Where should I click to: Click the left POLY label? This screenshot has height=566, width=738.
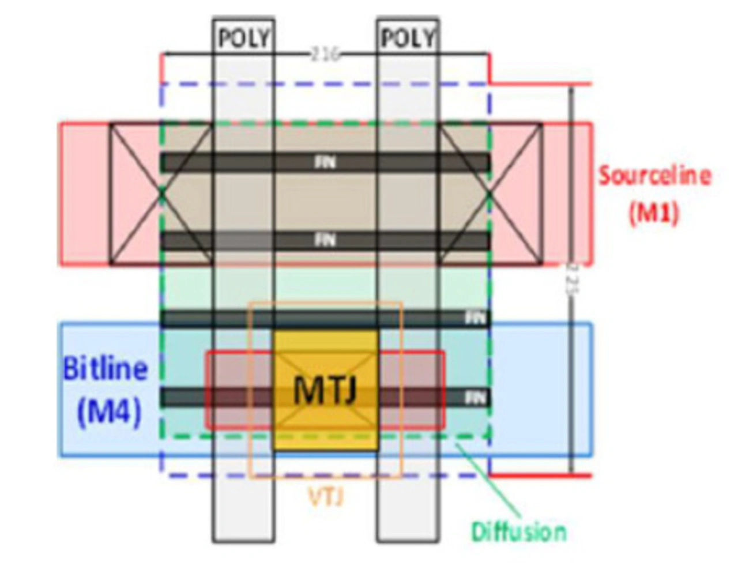coord(243,38)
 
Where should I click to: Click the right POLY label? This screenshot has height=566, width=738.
coord(408,38)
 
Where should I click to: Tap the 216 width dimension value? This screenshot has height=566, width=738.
coord(325,55)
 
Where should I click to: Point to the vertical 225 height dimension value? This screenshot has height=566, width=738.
coord(570,280)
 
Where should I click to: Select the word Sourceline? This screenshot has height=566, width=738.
coord(654,175)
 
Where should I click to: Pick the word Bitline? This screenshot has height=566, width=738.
coord(105,369)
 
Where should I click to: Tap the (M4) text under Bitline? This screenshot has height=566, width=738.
coord(109,412)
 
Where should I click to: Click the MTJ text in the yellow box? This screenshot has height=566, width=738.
coord(326,390)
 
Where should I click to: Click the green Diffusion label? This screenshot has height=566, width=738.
coord(518,531)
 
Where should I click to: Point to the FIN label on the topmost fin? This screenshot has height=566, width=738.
coord(325,163)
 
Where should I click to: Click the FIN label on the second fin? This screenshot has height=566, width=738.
coord(325,240)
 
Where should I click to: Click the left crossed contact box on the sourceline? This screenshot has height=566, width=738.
coord(161,194)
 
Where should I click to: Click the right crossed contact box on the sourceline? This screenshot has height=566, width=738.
coord(490,194)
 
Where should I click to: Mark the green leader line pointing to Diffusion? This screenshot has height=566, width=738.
coord(490,481)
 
